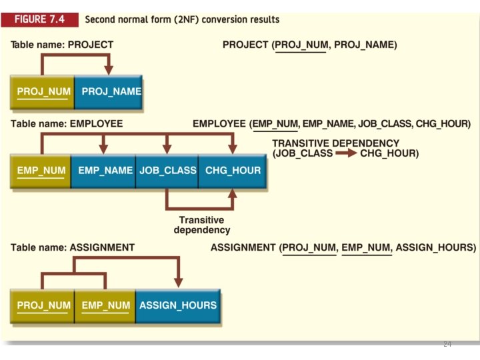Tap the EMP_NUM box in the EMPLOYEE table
pyautogui.click(x=41, y=171)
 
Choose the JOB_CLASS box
pyautogui.click(x=168, y=171)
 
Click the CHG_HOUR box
pyautogui.click(x=233, y=171)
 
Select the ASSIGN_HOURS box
pyautogui.click(x=178, y=305)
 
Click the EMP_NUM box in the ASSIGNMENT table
pyautogui.click(x=105, y=305)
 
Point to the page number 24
pyautogui.click(x=447, y=344)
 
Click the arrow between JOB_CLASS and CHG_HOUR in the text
pyautogui.click(x=342, y=153)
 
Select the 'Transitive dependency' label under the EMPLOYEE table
pyautogui.click(x=201, y=225)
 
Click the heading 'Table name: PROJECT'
pyautogui.click(x=62, y=45)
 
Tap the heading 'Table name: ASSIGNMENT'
pyautogui.click(x=73, y=247)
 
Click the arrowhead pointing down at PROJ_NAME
pyautogui.click(x=109, y=70)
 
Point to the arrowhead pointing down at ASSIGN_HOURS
pyautogui.click(x=177, y=282)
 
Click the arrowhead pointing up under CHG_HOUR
pyautogui.click(x=233, y=194)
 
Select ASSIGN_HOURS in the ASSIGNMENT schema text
pyautogui.click(x=434, y=247)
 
